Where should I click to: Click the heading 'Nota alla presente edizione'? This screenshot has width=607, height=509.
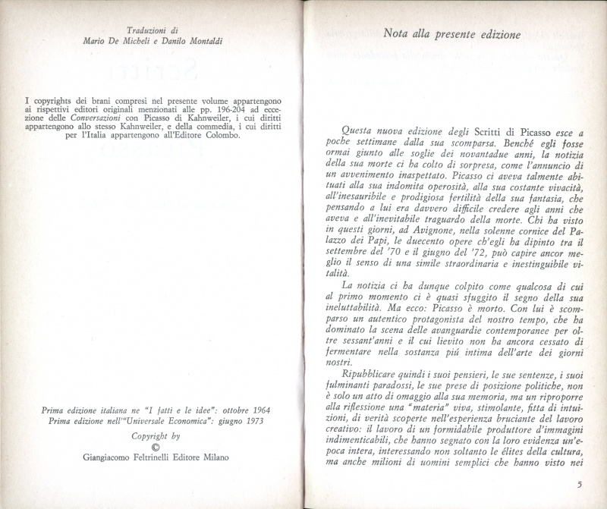(x=451, y=34)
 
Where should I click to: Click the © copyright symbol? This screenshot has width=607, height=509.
(x=156, y=447)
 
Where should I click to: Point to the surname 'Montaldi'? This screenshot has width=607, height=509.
(x=205, y=40)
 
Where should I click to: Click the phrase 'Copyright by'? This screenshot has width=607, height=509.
(x=156, y=436)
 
